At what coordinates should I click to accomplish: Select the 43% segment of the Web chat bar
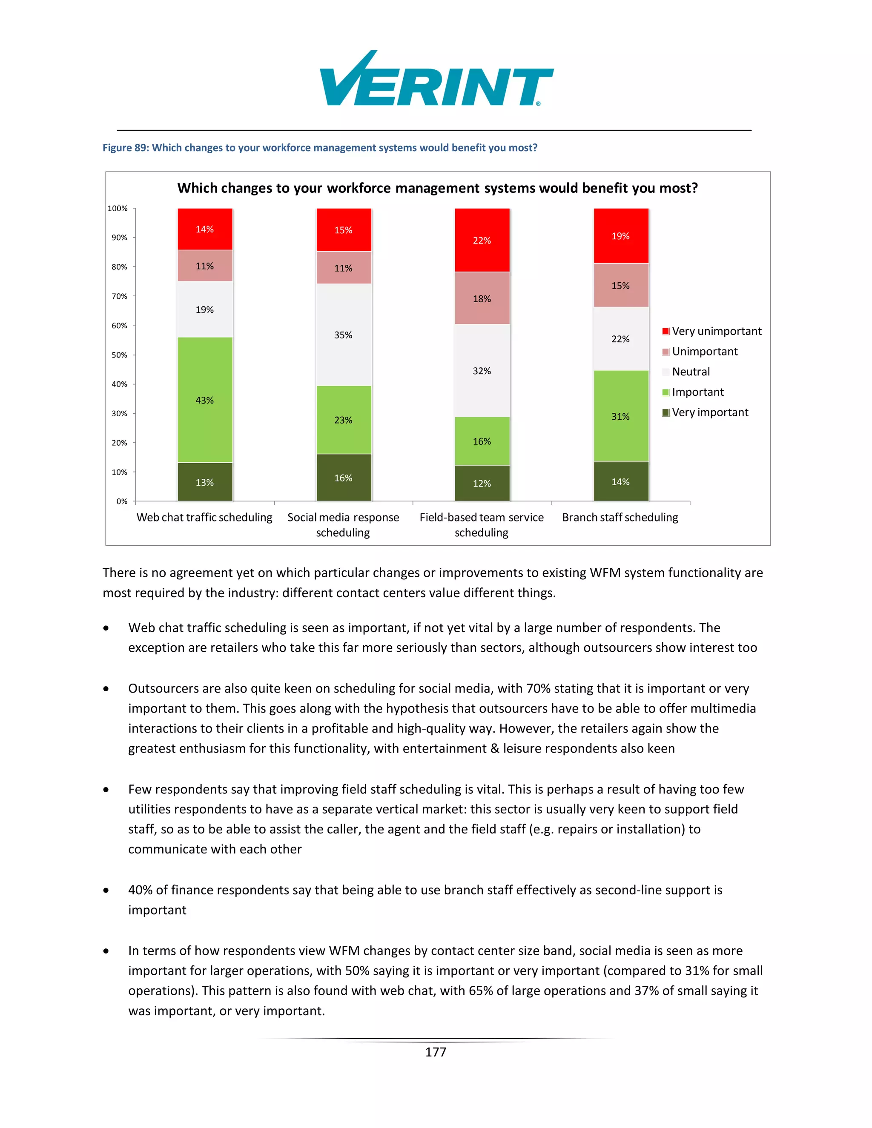coord(204,400)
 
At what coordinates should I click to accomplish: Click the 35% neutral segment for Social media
coord(343,335)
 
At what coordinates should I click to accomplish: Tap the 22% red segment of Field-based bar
coord(482,240)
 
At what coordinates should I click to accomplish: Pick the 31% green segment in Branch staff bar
coord(620,416)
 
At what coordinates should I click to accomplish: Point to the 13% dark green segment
coord(204,482)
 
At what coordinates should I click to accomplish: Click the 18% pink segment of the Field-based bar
coord(482,298)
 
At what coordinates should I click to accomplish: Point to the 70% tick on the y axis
coord(119,296)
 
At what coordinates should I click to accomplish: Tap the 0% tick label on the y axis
coord(121,501)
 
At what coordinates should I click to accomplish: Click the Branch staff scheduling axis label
coord(620,517)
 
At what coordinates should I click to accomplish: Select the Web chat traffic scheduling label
coord(204,517)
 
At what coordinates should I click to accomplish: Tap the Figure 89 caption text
coord(320,148)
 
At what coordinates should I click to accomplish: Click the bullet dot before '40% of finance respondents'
coord(106,890)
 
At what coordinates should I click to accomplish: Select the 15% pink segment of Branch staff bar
coord(620,286)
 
